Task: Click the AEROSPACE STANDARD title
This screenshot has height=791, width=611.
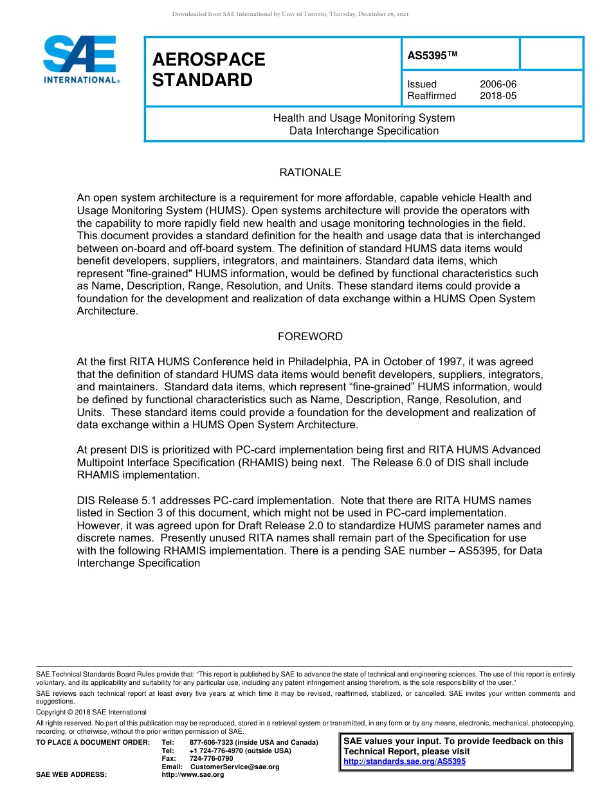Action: coord(208,69)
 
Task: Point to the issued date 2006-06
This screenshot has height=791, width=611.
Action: coord(498,84)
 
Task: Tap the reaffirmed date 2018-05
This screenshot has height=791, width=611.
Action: coord(498,96)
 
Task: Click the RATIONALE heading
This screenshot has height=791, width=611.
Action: coord(310,172)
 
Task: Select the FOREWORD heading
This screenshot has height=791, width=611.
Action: coord(310,336)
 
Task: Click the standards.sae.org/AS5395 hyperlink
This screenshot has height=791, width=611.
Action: coord(405,761)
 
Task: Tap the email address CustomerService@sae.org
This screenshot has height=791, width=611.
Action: coord(235,767)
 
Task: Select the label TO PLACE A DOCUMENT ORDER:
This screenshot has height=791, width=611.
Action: coord(93,743)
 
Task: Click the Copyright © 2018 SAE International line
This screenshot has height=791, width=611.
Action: coord(91,712)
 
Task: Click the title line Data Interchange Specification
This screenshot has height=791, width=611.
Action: coord(364,131)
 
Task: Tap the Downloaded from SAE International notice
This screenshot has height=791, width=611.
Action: coord(290,14)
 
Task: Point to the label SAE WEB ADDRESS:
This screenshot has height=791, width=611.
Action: coord(71,775)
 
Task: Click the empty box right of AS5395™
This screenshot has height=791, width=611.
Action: coord(551,53)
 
